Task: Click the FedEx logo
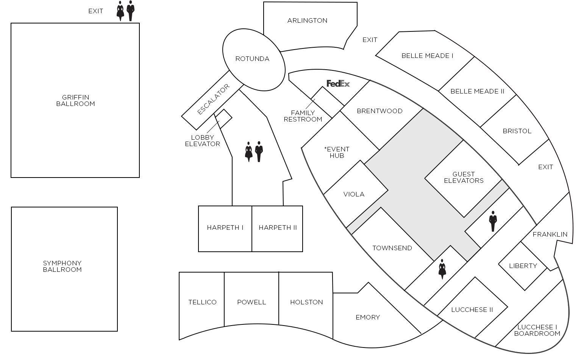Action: [338, 84]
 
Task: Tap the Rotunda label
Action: [252, 59]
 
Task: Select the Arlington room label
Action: [307, 20]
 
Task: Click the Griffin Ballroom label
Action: [75, 101]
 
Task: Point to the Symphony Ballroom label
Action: [62, 266]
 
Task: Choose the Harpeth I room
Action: [225, 228]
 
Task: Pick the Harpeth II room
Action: [278, 228]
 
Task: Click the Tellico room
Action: [202, 302]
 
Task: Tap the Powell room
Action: [251, 302]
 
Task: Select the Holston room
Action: [306, 302]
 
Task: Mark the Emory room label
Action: [368, 317]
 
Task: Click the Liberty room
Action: [523, 266]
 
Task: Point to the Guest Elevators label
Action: [464, 178]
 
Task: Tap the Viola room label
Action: [354, 194]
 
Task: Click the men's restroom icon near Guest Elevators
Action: [493, 221]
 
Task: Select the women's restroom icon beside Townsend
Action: [442, 269]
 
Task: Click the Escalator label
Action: [213, 100]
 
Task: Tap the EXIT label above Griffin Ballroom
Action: [95, 11]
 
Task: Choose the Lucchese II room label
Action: [472, 310]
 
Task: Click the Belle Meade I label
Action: [427, 56]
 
